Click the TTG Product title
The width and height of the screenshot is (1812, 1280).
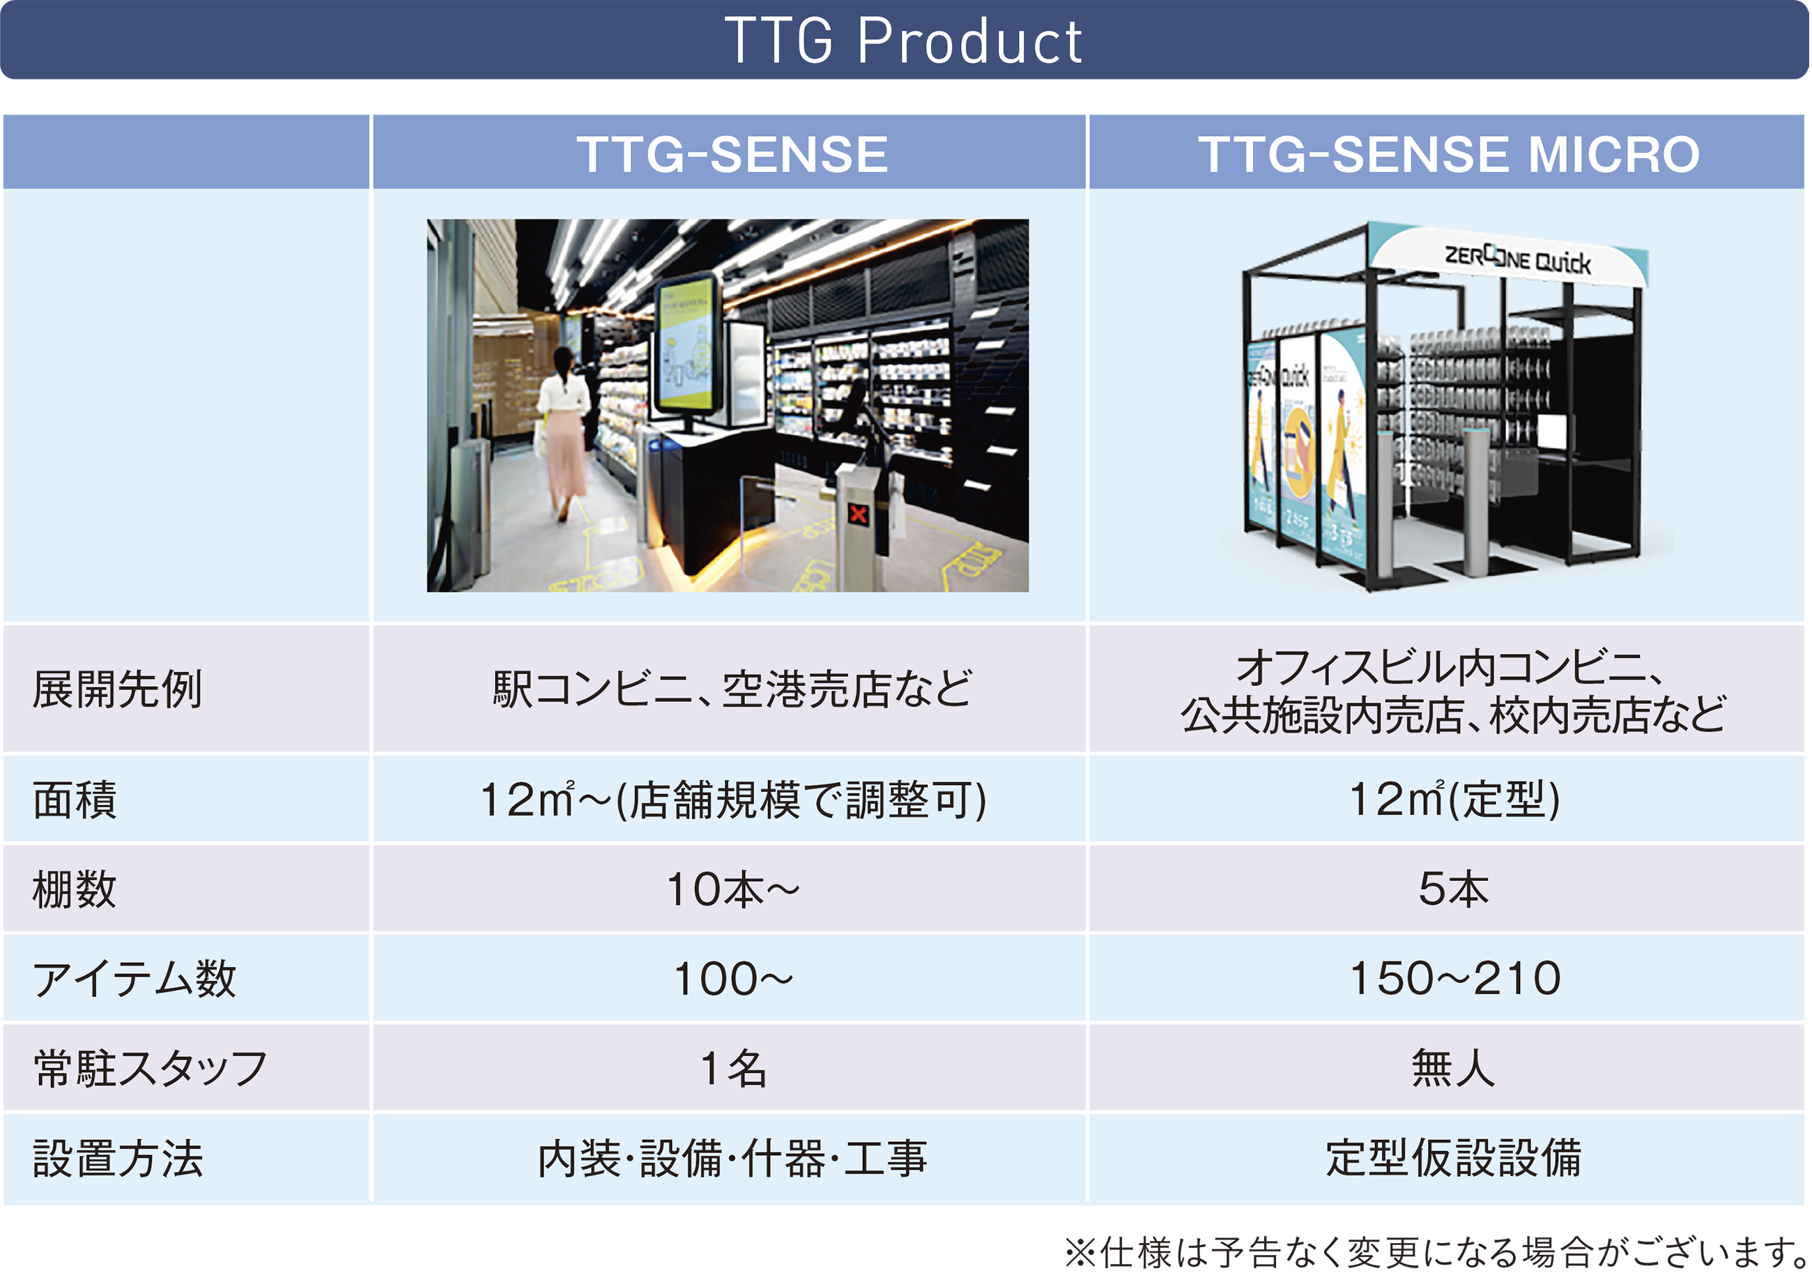[x=904, y=40]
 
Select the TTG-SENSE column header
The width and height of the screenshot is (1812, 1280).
[x=732, y=153]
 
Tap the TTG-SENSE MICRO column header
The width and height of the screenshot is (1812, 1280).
[x=1449, y=153]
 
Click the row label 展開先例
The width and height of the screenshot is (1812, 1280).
[x=118, y=689]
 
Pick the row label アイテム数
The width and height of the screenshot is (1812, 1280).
[x=135, y=979]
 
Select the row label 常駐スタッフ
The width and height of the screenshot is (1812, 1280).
[x=150, y=1068]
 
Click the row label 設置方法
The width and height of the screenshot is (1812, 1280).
[x=118, y=1159]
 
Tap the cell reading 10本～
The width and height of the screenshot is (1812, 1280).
[x=733, y=889]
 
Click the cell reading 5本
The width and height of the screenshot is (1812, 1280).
[x=1454, y=889]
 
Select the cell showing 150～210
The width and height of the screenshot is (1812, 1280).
[x=1455, y=979]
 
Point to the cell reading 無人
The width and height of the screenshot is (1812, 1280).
[x=1454, y=1068]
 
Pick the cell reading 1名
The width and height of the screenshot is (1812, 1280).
[x=733, y=1068]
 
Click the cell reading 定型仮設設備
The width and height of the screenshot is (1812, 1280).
[x=1454, y=1159]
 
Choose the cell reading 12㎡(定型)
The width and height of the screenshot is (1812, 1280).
[x=1454, y=799]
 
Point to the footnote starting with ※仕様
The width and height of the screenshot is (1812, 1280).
[x=1436, y=1252]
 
